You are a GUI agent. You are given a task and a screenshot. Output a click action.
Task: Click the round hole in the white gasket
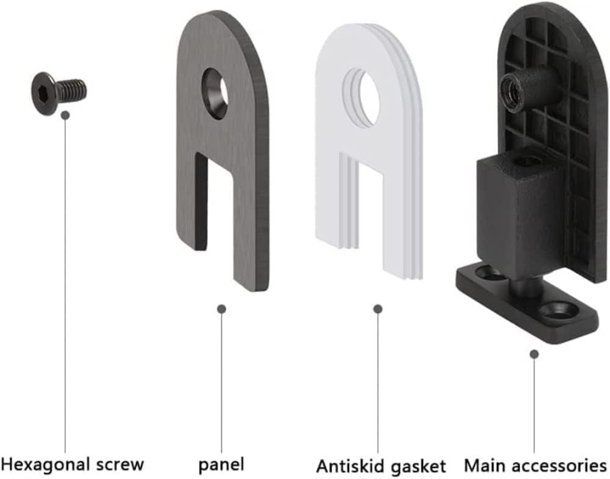(365, 99)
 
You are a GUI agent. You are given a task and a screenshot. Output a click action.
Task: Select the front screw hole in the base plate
(558, 310)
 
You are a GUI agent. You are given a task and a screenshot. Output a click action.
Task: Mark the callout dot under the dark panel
(221, 309)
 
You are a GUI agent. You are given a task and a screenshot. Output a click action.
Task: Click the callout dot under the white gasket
(378, 309)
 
